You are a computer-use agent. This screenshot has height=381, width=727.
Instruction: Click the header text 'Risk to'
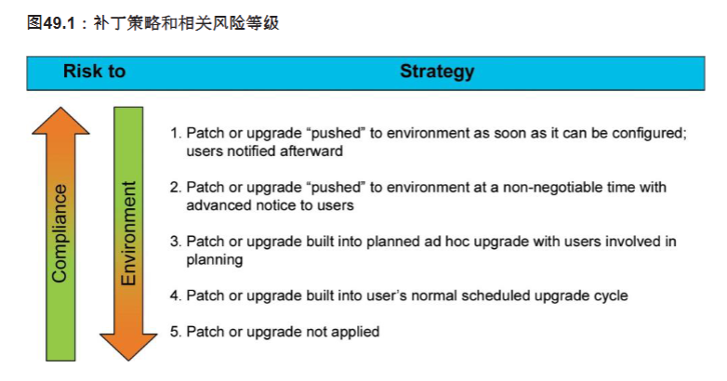(94, 72)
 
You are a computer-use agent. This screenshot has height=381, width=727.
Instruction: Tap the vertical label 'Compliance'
(59, 233)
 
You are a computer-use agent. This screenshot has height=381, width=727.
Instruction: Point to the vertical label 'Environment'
(128, 233)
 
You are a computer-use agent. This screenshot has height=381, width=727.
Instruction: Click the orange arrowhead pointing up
(60, 122)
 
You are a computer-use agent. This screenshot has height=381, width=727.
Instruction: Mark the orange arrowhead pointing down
(128, 347)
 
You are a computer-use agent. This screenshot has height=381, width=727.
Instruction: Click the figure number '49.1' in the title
(59, 23)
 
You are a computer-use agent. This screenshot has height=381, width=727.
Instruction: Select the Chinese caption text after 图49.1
(186, 22)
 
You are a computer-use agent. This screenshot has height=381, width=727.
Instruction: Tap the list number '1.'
(176, 134)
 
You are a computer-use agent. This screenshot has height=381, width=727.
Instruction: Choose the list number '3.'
(176, 242)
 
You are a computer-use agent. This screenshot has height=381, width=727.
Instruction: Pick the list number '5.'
(176, 332)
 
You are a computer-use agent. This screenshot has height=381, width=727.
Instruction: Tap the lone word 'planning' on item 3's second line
(214, 260)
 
